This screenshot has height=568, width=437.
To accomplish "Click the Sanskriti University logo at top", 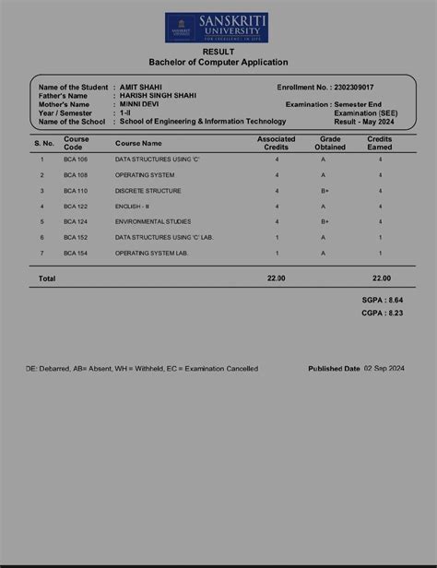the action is [218, 28].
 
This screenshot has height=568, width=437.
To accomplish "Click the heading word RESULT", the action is [218, 53].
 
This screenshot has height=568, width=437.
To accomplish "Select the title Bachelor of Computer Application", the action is [218, 63].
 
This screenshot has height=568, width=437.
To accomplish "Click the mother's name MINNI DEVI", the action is [139, 104].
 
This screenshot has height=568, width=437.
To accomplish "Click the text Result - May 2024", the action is [364, 122].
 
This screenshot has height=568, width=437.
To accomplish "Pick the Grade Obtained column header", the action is [330, 143].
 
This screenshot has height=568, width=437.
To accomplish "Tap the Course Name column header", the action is [138, 144].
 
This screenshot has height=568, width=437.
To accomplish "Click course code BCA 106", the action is [76, 160].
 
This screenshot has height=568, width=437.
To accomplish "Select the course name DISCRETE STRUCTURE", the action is [148, 191].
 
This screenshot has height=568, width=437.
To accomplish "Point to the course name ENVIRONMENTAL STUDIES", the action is [153, 221].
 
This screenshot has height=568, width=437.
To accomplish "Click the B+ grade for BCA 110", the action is [325, 191].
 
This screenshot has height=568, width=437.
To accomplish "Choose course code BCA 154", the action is [76, 253].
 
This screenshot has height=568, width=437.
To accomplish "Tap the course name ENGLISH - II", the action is [135, 207].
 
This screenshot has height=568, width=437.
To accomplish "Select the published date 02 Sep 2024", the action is [384, 368].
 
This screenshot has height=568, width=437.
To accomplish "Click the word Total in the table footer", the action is [47, 278].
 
